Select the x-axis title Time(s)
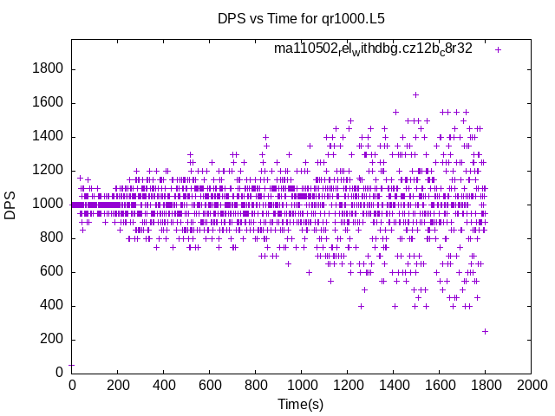click(300, 404)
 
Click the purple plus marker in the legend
click(498, 49)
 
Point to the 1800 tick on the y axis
click(48, 69)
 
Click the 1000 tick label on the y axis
click(48, 205)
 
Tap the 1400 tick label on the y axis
click(48, 137)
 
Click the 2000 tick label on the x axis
click(532, 386)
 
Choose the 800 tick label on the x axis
click(256, 386)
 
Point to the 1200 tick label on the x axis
click(348, 386)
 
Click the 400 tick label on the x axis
click(164, 386)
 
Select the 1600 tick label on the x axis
click(440, 386)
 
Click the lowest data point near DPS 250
click(486, 331)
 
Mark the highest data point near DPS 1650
click(415, 94)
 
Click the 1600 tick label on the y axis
click(48, 103)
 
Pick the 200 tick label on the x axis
click(118, 386)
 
